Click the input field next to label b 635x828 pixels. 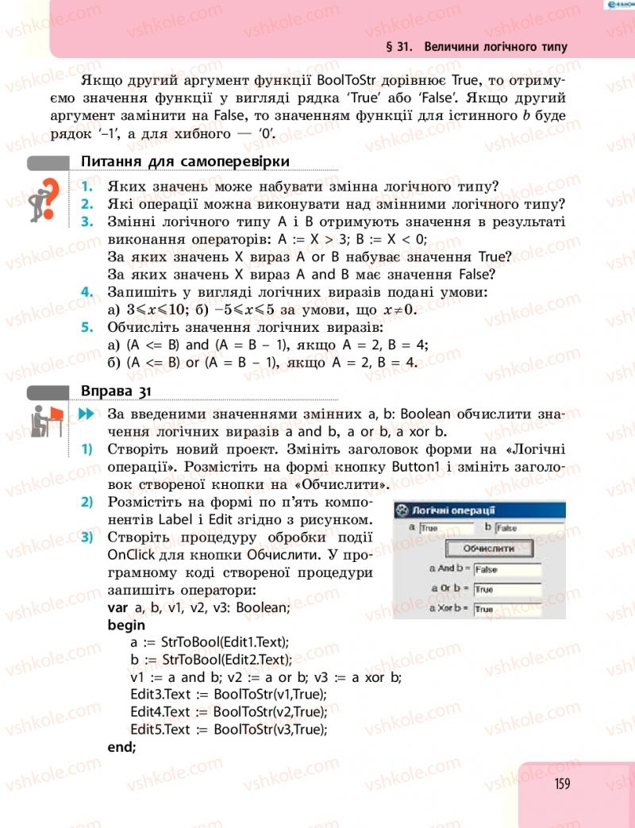518,527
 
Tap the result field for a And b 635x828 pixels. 506,569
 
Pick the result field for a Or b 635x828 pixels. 506,589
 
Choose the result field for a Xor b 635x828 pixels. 506,609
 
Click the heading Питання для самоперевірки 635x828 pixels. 185,162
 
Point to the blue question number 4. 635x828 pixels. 87,293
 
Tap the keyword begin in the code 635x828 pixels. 126,625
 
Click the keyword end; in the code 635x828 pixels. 121,747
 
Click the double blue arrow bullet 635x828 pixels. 87,414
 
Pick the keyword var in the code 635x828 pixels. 117,608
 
